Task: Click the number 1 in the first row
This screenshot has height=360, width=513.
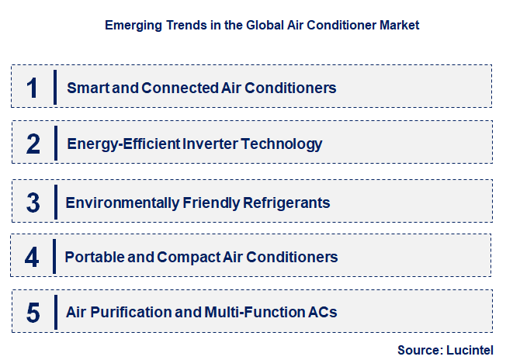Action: (x=32, y=88)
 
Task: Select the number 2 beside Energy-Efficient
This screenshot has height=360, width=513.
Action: (x=33, y=144)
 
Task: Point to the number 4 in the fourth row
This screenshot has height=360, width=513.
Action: (x=32, y=257)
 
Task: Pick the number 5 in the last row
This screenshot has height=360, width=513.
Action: (x=33, y=313)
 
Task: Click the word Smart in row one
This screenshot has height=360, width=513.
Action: (x=87, y=88)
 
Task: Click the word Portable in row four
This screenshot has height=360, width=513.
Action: (x=92, y=256)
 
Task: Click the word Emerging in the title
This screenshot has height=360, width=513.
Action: (x=131, y=25)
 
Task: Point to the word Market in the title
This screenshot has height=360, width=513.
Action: (x=400, y=25)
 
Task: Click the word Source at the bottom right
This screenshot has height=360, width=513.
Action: (x=419, y=350)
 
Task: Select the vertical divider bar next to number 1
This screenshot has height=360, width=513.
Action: (x=56, y=87)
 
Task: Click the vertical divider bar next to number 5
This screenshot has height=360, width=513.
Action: (x=56, y=312)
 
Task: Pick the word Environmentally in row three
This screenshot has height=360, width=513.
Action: (x=113, y=202)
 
